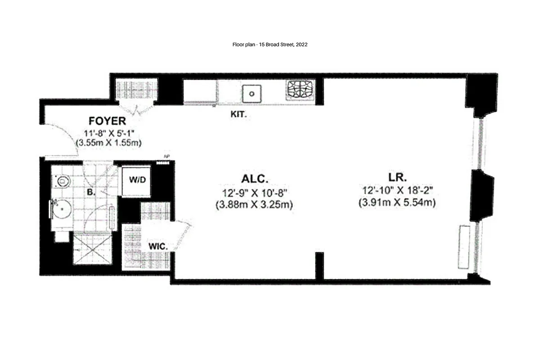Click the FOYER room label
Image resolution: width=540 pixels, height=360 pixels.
tap(107, 121)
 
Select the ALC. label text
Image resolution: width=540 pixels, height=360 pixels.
tap(255, 178)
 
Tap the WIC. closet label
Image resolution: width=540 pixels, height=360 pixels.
tap(158, 247)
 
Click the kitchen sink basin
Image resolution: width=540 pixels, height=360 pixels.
tap(252, 94)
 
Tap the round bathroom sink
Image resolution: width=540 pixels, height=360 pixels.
tap(61, 210)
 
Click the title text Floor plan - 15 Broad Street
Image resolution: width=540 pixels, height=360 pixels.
tap(270, 45)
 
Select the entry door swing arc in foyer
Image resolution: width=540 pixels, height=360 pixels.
tap(65, 137)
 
